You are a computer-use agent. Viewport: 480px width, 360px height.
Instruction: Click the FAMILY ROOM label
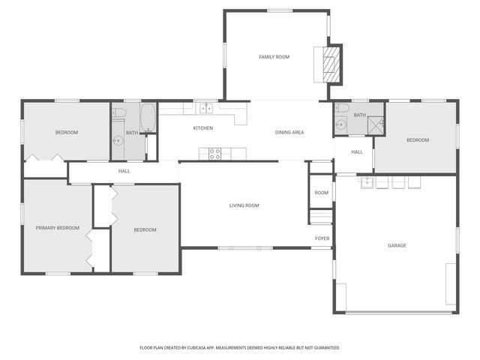[274, 57]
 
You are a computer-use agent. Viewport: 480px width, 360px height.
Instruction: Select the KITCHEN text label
[203, 128]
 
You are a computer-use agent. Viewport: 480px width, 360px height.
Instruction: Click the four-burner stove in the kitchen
[214, 154]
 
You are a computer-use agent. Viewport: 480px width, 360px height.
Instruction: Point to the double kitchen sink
[204, 109]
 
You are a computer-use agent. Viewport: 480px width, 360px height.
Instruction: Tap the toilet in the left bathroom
[118, 113]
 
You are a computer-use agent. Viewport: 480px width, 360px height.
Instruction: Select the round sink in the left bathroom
[118, 140]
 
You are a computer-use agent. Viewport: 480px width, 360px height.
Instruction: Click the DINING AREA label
[289, 133]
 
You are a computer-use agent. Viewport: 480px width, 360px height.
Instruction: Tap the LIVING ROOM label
[244, 205]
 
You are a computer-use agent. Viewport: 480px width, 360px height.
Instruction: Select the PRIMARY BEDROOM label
[57, 228]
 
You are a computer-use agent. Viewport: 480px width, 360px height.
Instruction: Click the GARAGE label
[397, 245]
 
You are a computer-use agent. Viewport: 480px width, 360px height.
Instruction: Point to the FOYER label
[322, 238]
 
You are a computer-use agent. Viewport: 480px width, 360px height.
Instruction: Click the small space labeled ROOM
[321, 193]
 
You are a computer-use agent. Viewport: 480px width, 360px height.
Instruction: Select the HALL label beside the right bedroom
[357, 151]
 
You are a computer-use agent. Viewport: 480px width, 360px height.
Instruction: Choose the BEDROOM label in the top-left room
[67, 133]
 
